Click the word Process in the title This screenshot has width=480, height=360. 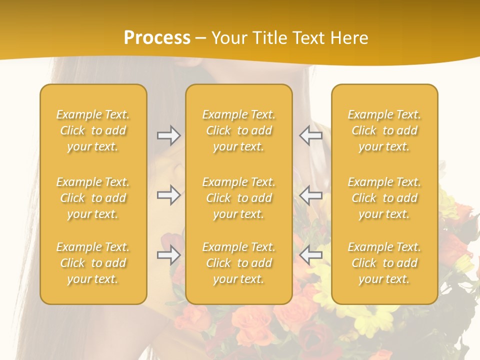(157, 38)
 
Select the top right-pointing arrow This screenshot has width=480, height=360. (168, 135)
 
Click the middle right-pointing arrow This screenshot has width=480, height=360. (168, 195)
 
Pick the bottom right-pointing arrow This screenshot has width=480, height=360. (168, 255)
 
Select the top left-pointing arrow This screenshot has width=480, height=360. (311, 135)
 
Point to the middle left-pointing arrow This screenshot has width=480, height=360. (311, 195)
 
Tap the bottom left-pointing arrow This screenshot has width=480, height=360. (311, 255)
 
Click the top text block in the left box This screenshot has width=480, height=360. (93, 130)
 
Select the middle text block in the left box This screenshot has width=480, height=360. (93, 198)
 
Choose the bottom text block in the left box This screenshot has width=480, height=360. (93, 263)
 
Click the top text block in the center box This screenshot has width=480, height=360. (239, 130)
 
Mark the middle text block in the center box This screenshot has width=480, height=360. (239, 198)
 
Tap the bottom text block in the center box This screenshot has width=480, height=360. (239, 263)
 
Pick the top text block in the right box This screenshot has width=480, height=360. (384, 130)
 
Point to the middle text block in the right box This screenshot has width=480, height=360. (384, 198)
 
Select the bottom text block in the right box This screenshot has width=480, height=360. (384, 263)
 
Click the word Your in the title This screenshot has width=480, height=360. (229, 38)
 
